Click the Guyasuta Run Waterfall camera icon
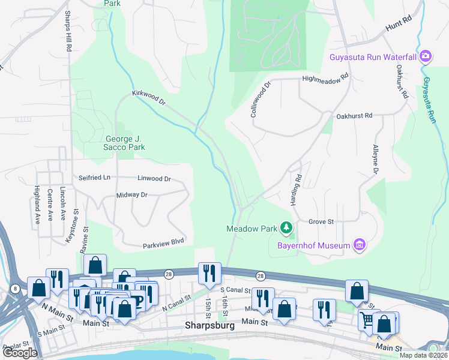426,56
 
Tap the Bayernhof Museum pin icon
360,244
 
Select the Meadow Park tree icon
288,227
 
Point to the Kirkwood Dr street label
148,100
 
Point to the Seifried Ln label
95,178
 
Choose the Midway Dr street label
132,195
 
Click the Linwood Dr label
154,178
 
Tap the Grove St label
321,221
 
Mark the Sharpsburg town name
209,328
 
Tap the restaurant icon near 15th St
209,273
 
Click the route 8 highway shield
14,289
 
